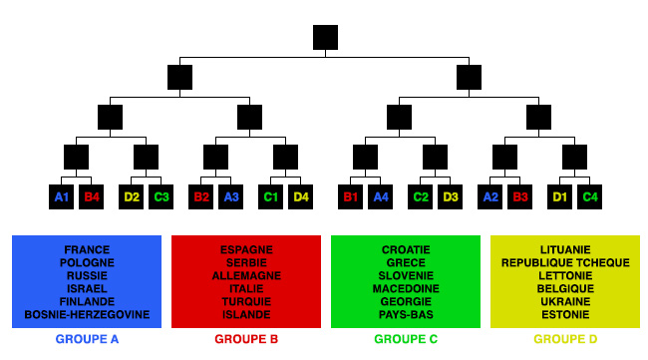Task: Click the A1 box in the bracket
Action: pos(62,196)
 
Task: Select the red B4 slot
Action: pos(92,196)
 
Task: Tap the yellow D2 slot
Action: pos(132,196)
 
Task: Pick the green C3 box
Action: pos(162,196)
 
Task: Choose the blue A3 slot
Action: pos(231,196)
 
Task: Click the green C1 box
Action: pos(271,196)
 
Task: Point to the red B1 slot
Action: pos(351,196)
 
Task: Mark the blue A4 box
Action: pos(381,196)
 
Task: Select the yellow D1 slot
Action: pos(560,196)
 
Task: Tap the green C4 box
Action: pos(590,196)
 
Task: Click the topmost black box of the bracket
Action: pos(325,37)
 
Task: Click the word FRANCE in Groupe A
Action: pos(87,250)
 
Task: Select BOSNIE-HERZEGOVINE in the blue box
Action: pos(87,315)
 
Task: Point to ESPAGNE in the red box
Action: pos(246,250)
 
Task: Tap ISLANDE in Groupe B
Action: pos(246,315)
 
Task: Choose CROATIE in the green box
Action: pos(406,250)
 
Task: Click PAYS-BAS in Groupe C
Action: pos(406,315)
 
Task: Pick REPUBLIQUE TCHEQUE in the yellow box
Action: pos(565,263)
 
